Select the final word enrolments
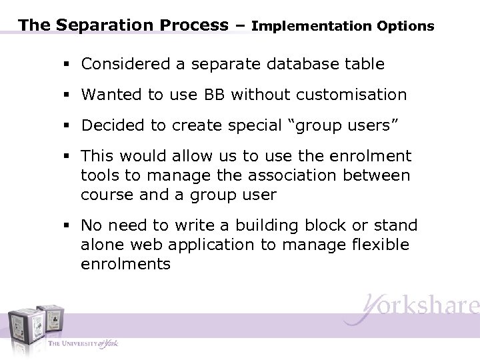coord(126,263)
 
